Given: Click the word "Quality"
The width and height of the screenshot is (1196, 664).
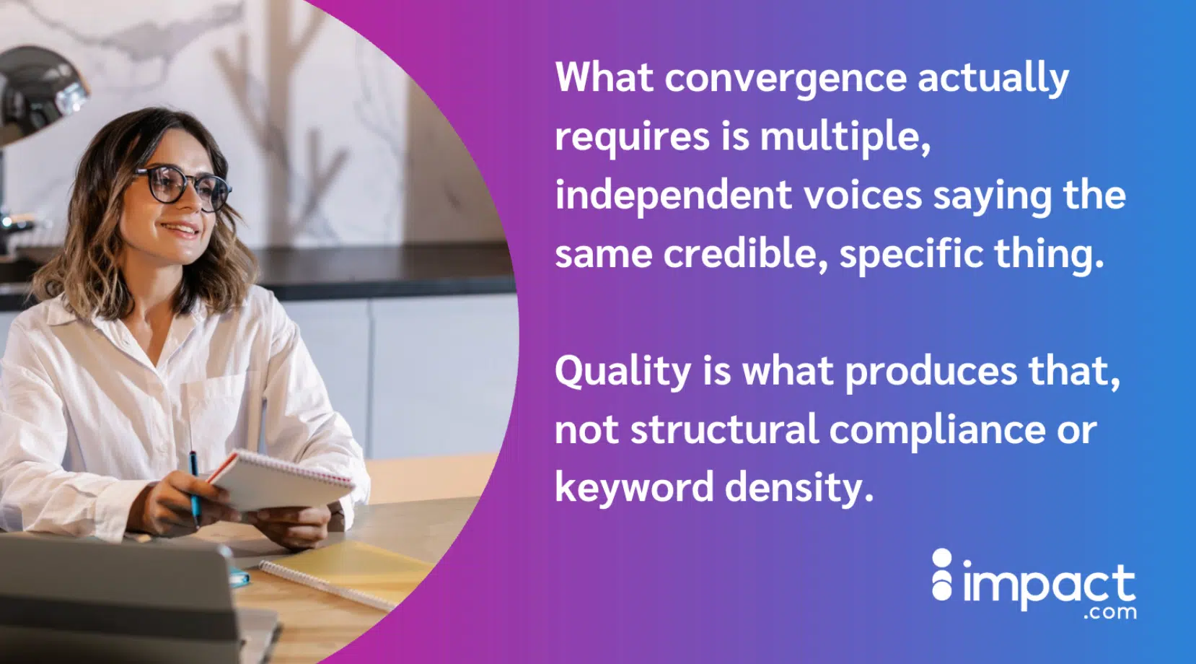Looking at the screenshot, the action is point(623,372).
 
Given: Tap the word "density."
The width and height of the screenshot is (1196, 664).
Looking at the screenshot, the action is point(799,488).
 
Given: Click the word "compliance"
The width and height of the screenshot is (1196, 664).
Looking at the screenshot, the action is point(937,431).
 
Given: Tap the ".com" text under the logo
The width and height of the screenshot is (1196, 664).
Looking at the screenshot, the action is point(1110,612).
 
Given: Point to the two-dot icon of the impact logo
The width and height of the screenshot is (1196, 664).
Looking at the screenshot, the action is point(942,575).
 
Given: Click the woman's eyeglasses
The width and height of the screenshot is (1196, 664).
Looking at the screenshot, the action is point(182,186).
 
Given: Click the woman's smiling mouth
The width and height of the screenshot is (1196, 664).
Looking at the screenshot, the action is point(180,230).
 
